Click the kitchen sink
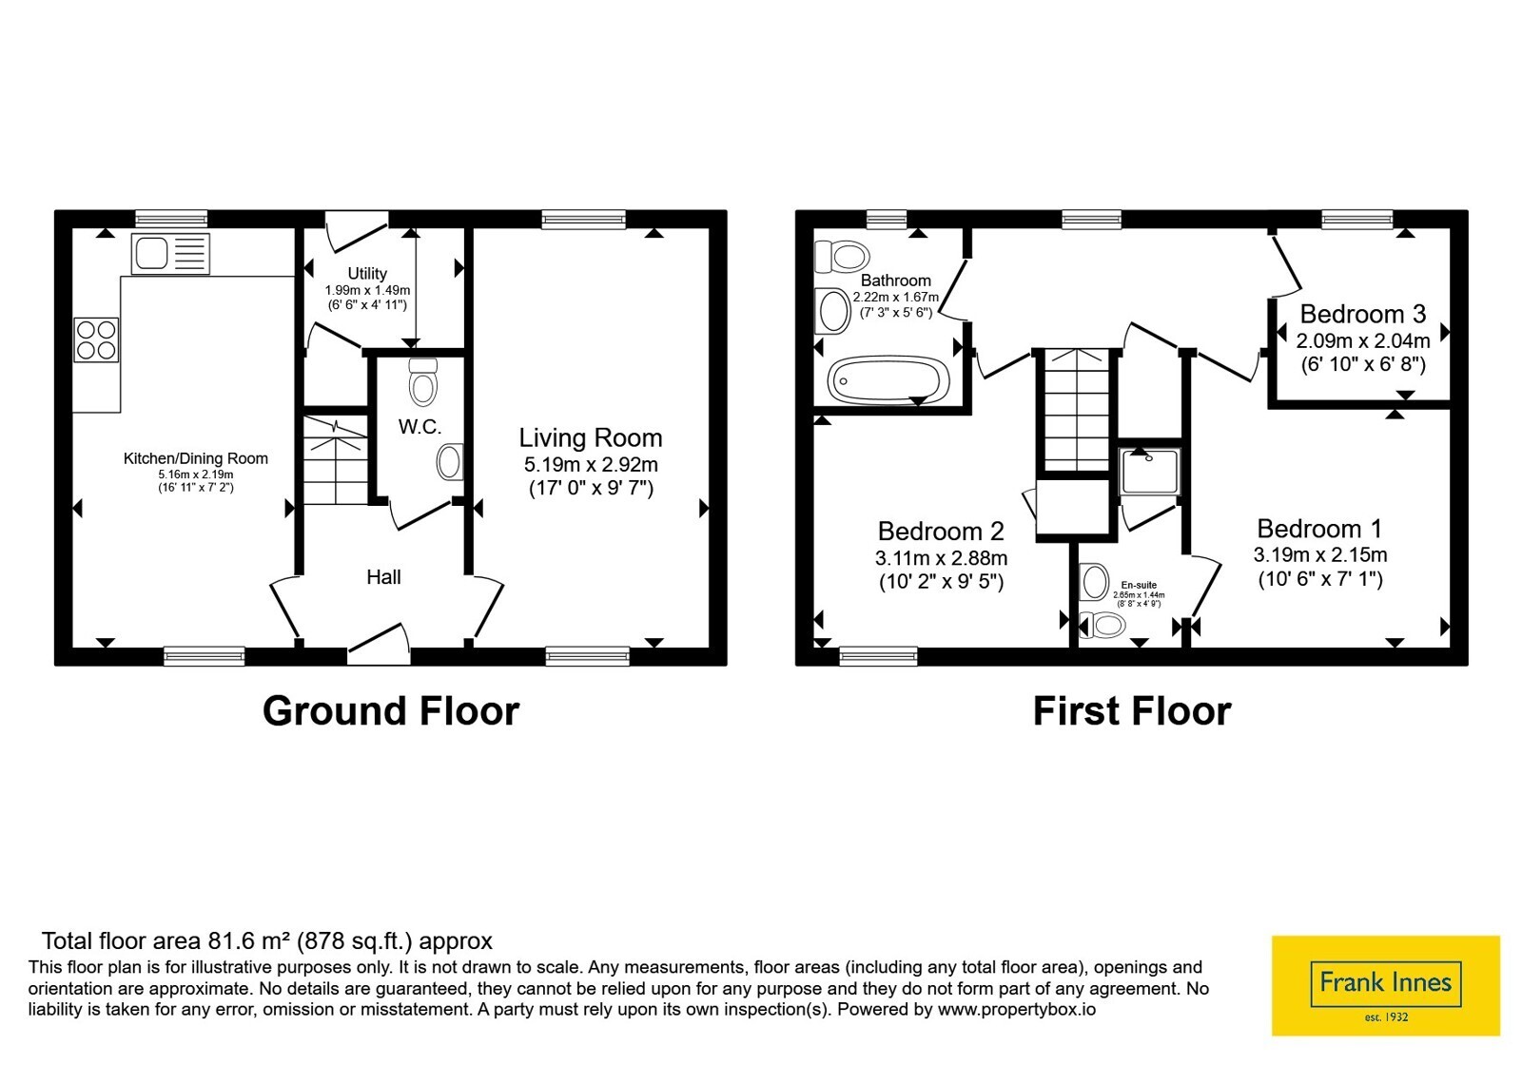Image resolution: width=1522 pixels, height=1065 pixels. click(170, 254)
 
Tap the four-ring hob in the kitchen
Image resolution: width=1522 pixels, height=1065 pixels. click(96, 340)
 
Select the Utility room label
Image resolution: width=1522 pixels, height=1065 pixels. click(367, 273)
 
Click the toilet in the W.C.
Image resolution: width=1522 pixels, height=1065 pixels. click(423, 382)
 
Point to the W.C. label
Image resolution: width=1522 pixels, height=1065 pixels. click(420, 427)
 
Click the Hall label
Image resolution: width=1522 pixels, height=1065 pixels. click(383, 576)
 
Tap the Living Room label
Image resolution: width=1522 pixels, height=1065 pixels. click(591, 437)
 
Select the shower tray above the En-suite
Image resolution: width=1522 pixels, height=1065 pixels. click(1150, 470)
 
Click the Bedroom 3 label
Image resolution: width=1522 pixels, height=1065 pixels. click(1362, 314)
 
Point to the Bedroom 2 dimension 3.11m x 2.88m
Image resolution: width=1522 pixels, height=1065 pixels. click(941, 558)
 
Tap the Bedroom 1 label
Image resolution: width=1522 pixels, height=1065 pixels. click(1318, 529)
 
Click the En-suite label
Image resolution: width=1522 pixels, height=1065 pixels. click(1139, 585)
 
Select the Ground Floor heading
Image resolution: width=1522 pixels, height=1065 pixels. click(391, 711)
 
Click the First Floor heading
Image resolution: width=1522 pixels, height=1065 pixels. click(1132, 711)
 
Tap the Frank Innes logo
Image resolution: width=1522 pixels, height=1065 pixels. click(1385, 985)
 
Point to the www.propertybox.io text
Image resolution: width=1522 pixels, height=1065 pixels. click(1017, 1009)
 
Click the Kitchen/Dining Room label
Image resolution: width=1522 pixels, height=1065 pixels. click(196, 458)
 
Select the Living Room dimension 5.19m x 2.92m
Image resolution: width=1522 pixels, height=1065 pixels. click(591, 465)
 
